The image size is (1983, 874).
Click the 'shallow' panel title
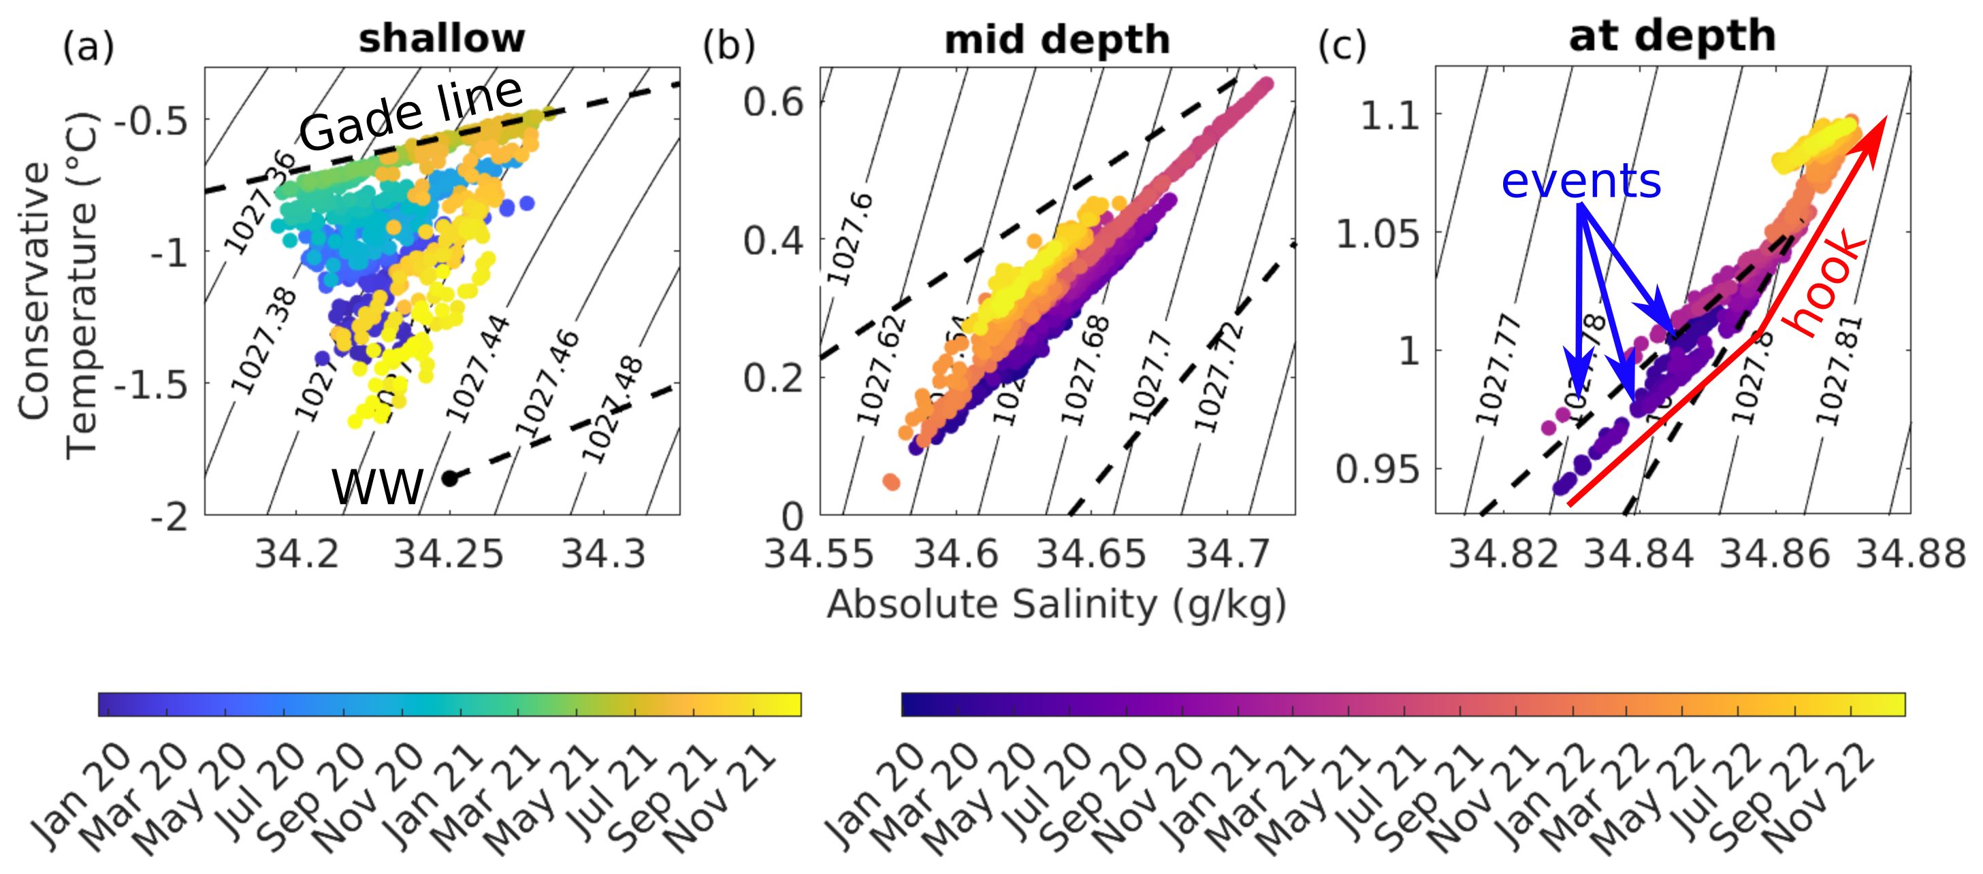pyautogui.click(x=441, y=39)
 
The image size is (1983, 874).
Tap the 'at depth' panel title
pyautogui.click(x=1672, y=36)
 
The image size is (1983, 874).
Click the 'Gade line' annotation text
pyautogui.click(x=411, y=114)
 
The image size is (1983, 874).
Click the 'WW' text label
pyautogui.click(x=377, y=487)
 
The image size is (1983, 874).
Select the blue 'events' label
pyautogui.click(x=1581, y=182)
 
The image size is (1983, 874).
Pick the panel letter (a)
pyautogui.click(x=88, y=48)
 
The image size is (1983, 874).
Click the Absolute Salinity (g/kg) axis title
pyautogui.click(x=1056, y=605)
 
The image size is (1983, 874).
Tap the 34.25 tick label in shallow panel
pyautogui.click(x=448, y=554)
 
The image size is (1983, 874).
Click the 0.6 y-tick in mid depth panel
pyautogui.click(x=773, y=102)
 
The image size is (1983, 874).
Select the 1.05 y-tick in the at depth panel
pyautogui.click(x=1377, y=234)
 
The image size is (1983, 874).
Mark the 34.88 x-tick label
pyautogui.click(x=1910, y=554)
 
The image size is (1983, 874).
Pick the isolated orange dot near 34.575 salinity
pyautogui.click(x=891, y=482)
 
